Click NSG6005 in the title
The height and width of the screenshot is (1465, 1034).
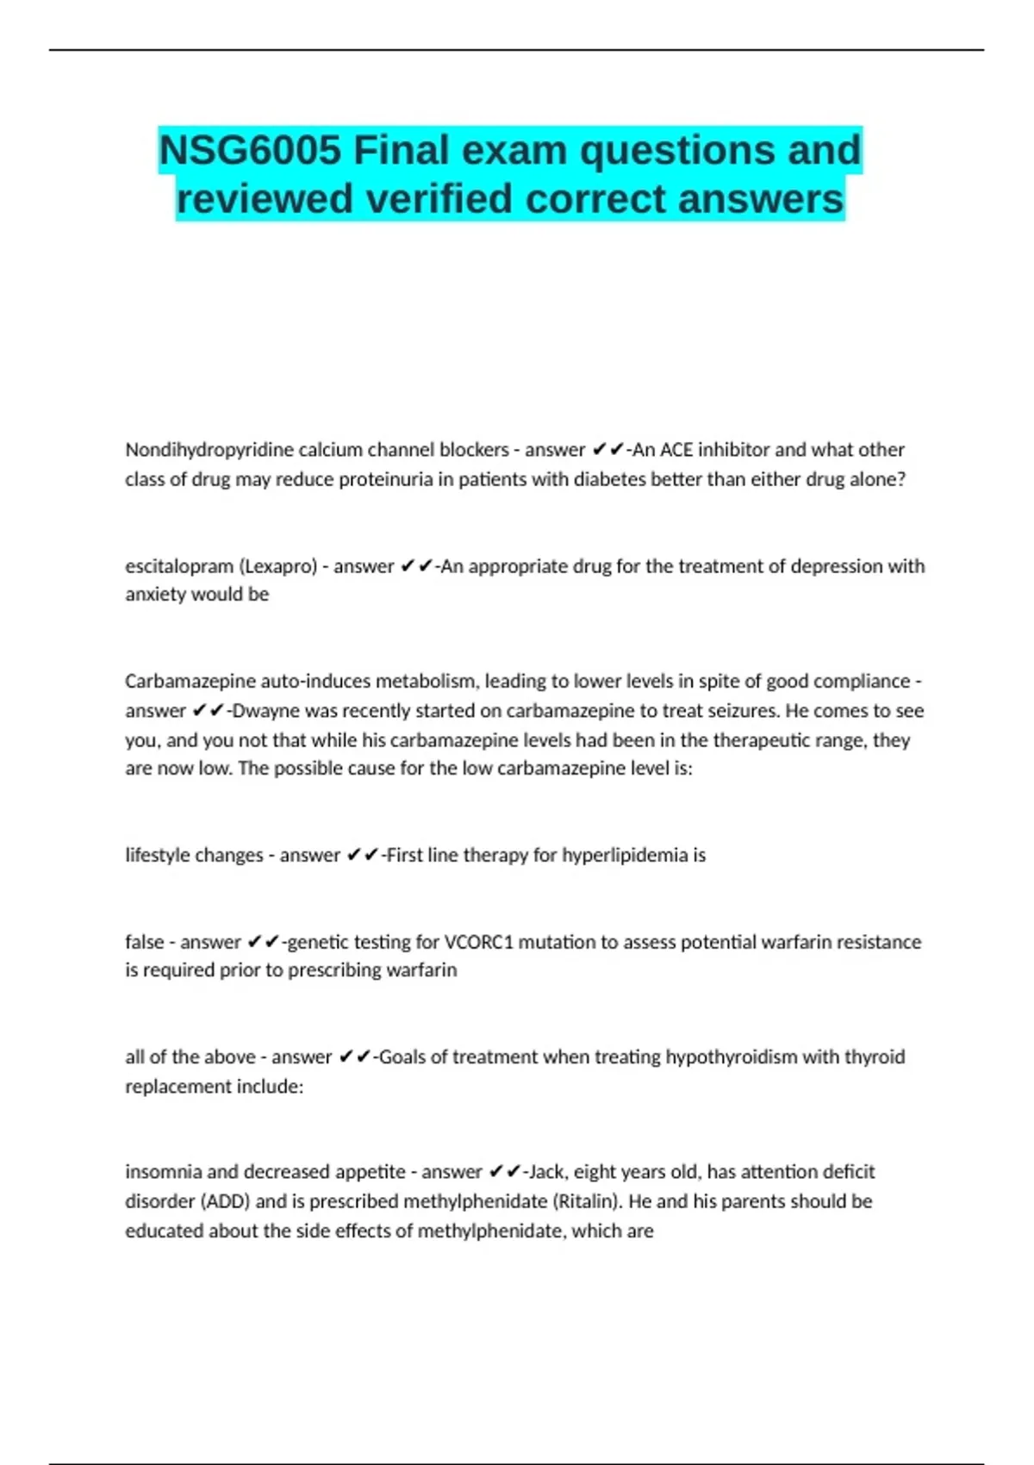click(250, 151)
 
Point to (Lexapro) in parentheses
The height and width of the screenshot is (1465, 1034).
click(277, 566)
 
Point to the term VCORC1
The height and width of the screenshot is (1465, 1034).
click(478, 942)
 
